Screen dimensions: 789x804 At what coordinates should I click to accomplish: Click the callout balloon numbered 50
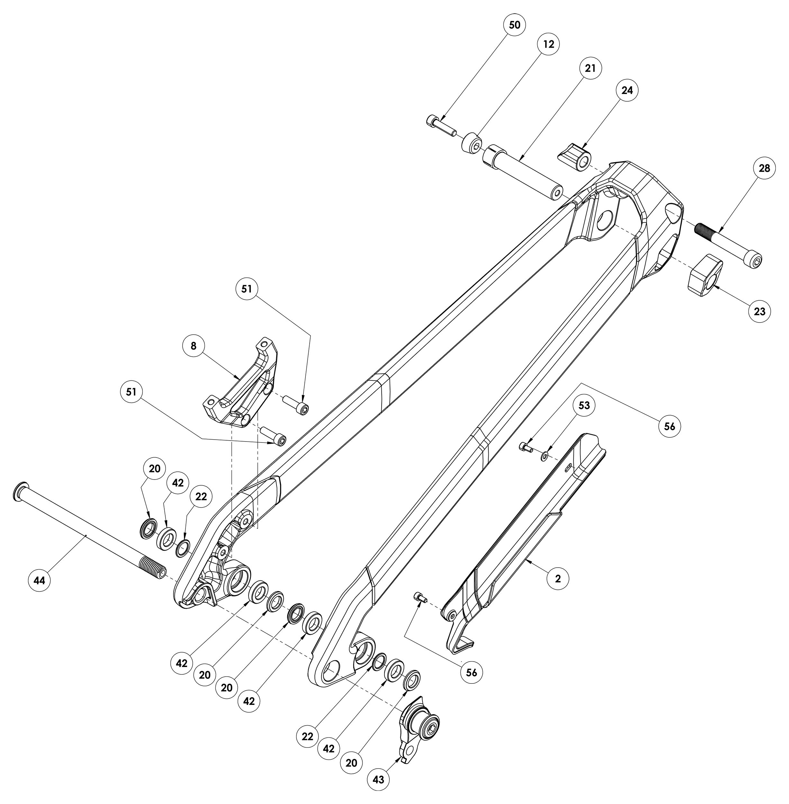514,25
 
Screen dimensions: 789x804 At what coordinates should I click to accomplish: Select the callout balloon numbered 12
548,44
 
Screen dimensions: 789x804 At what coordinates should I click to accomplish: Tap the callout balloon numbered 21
590,68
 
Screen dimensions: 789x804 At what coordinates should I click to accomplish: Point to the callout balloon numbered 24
627,90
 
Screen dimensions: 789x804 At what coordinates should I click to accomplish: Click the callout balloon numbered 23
759,311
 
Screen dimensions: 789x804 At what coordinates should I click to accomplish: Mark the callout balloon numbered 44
39,580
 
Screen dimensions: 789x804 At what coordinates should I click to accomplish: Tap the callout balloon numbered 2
558,579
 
